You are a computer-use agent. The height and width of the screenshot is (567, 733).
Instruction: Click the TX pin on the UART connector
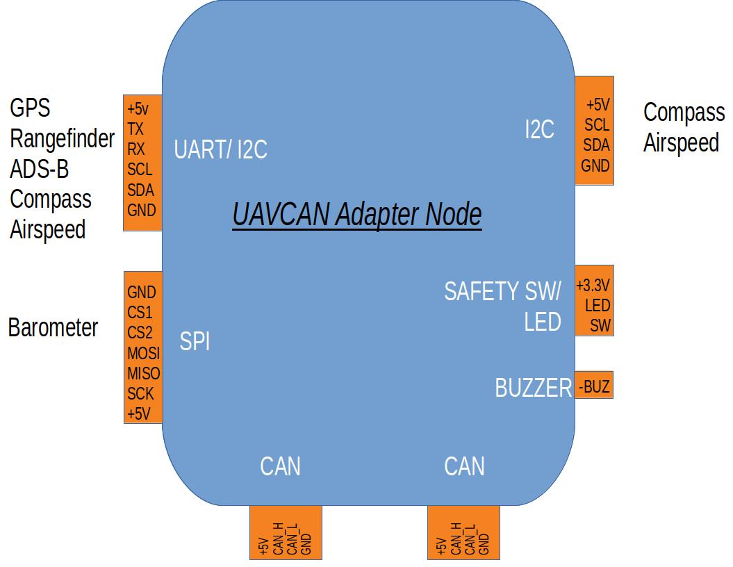135,129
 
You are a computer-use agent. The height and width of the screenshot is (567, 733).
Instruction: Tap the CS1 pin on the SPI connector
140,313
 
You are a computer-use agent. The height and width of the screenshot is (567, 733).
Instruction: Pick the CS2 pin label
140,333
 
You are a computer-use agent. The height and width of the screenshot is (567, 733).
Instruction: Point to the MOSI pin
143,353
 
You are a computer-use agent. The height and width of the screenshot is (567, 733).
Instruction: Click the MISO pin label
143,373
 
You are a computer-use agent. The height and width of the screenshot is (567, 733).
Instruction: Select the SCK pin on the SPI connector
140,394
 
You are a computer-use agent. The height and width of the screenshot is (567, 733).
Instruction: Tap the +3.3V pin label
593,286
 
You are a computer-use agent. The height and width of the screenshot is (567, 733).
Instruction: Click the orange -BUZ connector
594,386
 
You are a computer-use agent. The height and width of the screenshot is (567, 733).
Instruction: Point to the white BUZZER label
533,388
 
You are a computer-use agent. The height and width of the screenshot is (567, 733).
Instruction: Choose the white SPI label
195,341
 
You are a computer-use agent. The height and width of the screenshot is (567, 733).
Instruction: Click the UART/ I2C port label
220,149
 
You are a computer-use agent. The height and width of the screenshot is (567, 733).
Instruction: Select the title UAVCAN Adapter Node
357,215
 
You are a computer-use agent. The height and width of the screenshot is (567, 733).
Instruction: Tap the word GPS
30,108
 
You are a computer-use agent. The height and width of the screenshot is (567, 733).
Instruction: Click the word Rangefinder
62,139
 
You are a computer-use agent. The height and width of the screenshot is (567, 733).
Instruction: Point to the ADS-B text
39,169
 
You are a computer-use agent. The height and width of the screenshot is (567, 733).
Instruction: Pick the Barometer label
53,327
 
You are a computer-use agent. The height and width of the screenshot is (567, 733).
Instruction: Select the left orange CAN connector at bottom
286,532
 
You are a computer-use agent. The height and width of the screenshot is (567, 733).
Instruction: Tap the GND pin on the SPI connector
142,293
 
